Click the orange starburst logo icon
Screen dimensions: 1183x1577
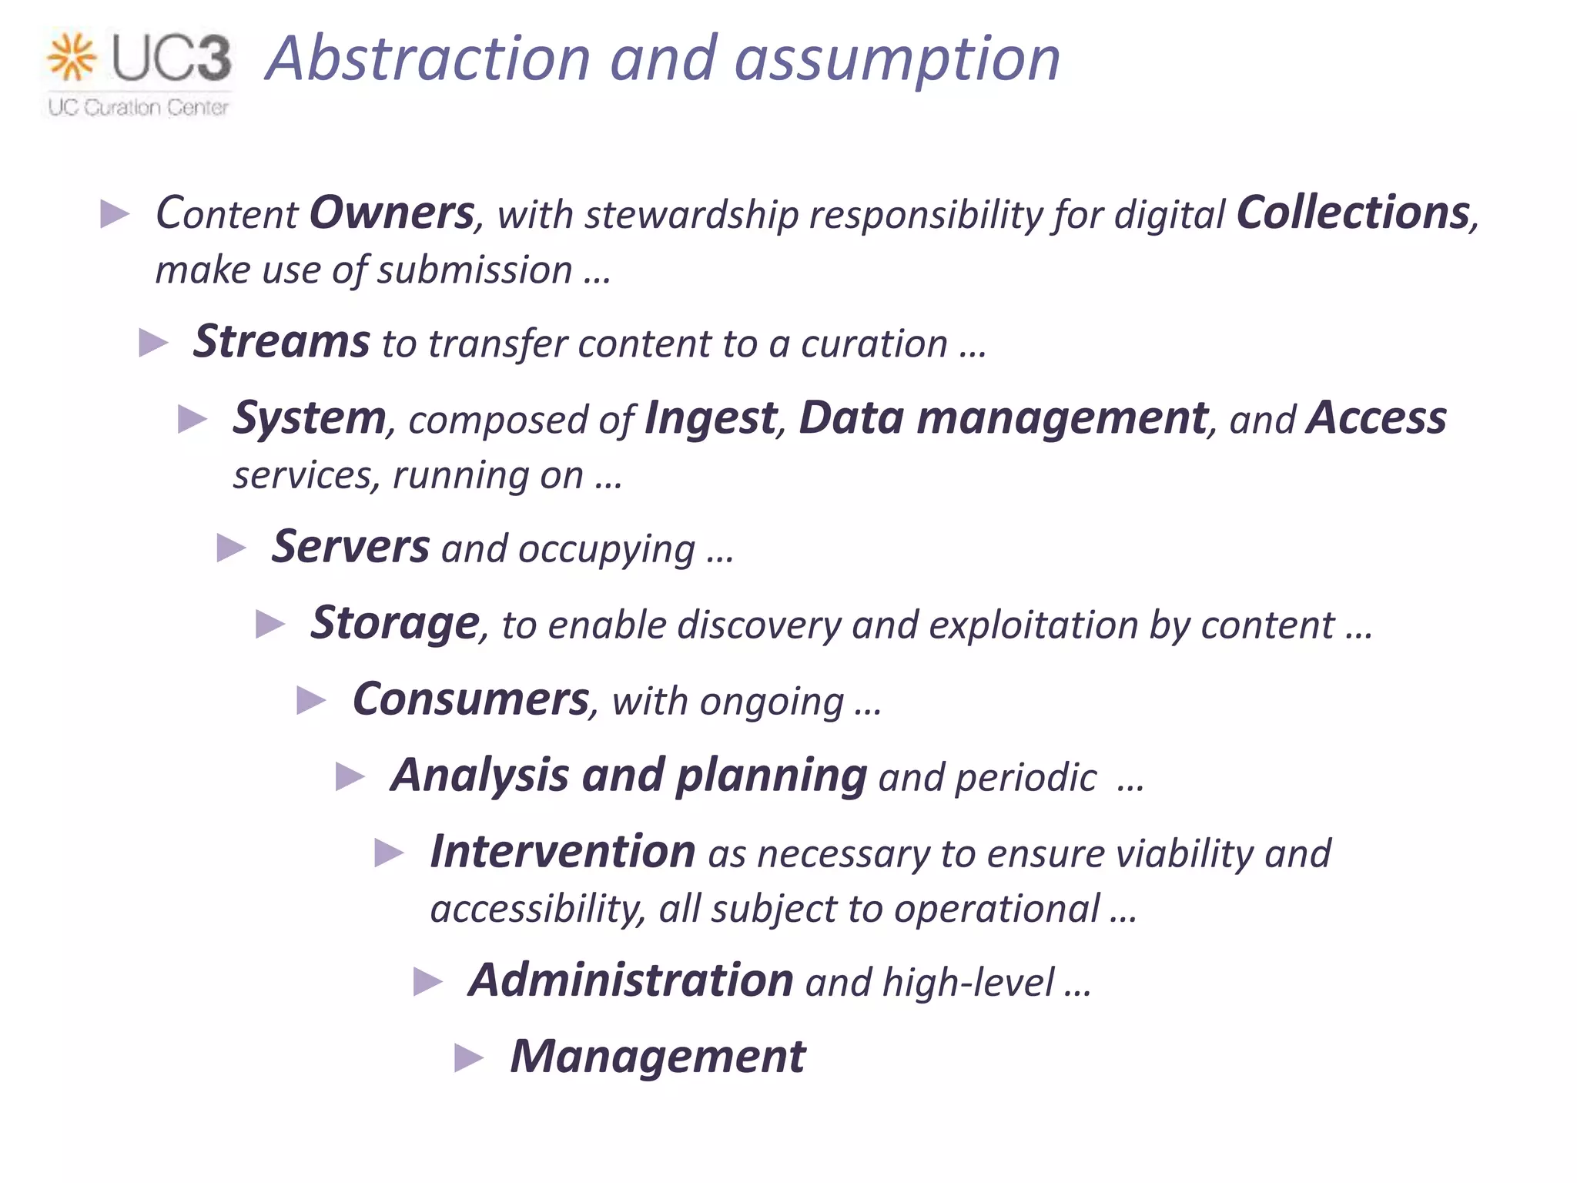(x=71, y=57)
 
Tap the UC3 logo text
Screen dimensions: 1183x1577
(x=171, y=59)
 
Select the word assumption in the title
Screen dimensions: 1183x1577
(x=897, y=60)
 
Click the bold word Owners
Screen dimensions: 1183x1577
(x=392, y=213)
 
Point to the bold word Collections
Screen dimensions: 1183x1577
(x=1353, y=213)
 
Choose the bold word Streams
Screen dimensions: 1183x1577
(x=282, y=341)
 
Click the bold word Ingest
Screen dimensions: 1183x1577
(x=710, y=418)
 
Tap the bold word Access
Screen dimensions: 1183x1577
(x=1377, y=418)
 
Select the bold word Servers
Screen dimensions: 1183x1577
(x=350, y=547)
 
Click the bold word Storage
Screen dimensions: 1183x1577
(x=395, y=623)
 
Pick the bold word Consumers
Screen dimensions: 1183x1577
(x=470, y=699)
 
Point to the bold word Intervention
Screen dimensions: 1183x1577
(x=563, y=852)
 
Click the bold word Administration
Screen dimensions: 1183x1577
(x=631, y=980)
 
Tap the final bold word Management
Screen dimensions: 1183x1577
(x=658, y=1056)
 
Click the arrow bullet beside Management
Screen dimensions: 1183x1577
(x=468, y=1057)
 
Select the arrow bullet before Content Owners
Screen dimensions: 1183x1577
(x=115, y=214)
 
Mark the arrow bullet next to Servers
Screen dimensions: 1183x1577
(x=231, y=548)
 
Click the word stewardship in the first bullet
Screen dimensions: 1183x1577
(x=691, y=215)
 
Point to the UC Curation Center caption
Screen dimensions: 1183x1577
(x=139, y=107)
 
